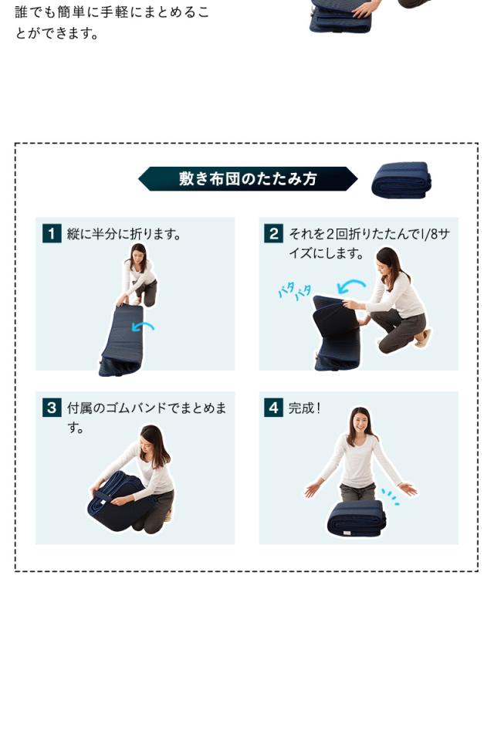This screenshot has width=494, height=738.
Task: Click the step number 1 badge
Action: click(52, 233)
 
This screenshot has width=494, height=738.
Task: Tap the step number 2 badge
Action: click(273, 233)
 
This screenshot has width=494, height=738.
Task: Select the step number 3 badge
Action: click(52, 408)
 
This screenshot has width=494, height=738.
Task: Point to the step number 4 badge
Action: click(273, 408)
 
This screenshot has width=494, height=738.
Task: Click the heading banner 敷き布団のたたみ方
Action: click(248, 179)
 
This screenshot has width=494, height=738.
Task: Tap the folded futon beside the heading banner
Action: click(401, 180)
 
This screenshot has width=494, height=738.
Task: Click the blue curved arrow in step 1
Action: click(143, 327)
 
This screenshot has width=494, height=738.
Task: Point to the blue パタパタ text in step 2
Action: click(295, 291)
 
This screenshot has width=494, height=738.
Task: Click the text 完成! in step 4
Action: click(304, 408)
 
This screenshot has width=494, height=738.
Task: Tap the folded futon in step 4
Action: click(356, 518)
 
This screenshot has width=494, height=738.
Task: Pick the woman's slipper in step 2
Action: click(422, 338)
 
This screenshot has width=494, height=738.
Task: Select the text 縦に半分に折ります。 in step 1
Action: click(124, 234)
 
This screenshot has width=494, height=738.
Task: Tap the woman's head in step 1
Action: click(137, 254)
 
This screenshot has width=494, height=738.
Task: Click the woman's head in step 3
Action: click(154, 442)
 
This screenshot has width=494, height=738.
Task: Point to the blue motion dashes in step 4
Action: click(391, 497)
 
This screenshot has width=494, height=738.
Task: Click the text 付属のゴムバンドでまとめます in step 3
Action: click(147, 418)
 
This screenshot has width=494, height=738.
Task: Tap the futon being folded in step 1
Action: click(120, 340)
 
